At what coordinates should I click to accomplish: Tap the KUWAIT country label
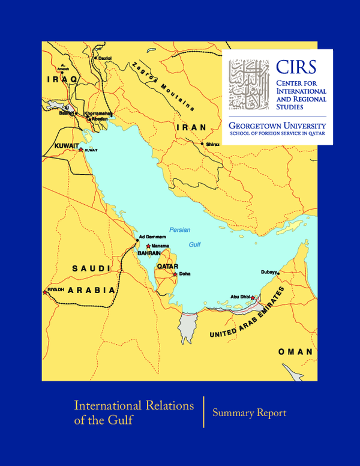(67, 145)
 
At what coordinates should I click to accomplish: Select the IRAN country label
(191, 127)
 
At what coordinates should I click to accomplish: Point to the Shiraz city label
(212, 144)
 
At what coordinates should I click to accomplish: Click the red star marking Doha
(175, 274)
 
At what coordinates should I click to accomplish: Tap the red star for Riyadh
(45, 292)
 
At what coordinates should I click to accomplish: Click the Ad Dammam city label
(152, 237)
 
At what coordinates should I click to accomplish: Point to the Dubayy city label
(269, 271)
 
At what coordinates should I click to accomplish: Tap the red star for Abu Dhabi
(253, 297)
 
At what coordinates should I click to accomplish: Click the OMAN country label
(295, 351)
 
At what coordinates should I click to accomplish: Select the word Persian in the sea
(179, 229)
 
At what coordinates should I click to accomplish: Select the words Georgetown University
(277, 126)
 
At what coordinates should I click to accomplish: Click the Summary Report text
(249, 413)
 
